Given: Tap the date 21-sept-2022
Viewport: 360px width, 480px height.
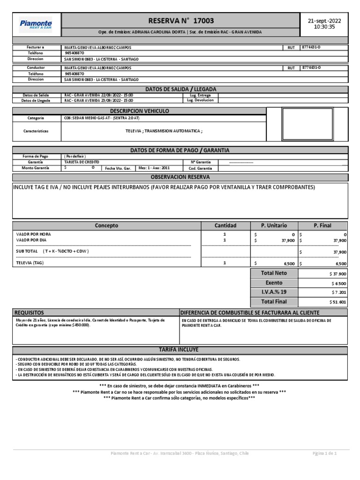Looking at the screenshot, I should [324, 21].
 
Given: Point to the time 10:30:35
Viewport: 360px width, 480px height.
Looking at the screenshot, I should [324, 27].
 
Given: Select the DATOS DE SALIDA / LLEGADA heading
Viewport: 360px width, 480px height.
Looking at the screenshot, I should [180, 89].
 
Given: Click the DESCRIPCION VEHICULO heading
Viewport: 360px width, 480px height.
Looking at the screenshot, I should [139, 111].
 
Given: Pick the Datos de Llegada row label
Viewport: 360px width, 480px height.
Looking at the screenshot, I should [36, 100].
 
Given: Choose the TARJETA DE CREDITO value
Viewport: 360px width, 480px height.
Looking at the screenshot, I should [82, 161].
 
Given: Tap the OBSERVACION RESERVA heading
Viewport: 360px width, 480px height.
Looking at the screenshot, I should [180, 177].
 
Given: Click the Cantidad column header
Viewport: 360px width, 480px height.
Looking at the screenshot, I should [225, 225].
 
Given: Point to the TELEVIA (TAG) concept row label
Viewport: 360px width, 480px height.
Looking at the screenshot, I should [30, 263].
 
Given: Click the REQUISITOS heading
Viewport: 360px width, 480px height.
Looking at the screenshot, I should [29, 313].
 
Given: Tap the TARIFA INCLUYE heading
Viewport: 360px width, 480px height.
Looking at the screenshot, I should [180, 350].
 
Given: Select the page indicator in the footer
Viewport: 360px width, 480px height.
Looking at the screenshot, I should [325, 454].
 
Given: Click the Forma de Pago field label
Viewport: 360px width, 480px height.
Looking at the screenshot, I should [36, 156].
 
